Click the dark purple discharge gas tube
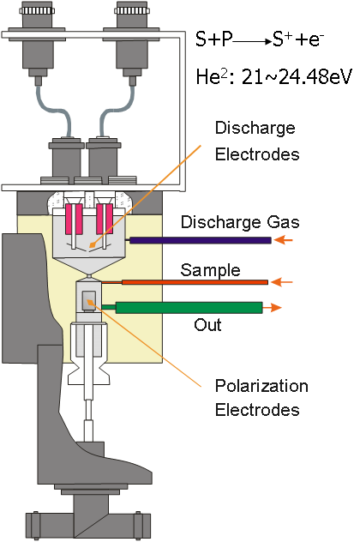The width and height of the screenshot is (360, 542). point(200,240)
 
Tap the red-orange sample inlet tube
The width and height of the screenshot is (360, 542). point(195,282)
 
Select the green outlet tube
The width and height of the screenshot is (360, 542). point(189,308)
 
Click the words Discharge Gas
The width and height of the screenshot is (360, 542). point(240,222)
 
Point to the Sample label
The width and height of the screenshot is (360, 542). point(210,270)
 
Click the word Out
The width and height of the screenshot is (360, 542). point(207,325)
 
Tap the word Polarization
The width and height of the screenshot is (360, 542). point(261,386)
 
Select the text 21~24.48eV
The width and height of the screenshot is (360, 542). point(297,76)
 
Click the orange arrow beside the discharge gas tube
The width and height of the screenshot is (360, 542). point(283,240)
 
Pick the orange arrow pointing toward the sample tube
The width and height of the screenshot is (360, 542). point(282,282)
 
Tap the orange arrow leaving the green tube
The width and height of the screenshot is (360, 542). point(273,307)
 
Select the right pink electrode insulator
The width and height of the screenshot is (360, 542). point(105,219)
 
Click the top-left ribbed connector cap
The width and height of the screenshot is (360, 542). point(37,9)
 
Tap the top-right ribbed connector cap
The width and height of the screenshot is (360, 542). point(132,9)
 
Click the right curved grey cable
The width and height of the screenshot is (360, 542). point(116,111)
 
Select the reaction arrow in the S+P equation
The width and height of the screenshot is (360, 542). point(252,42)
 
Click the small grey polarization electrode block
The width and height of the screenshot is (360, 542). point(89,300)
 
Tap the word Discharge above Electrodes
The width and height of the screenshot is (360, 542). point(255,128)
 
